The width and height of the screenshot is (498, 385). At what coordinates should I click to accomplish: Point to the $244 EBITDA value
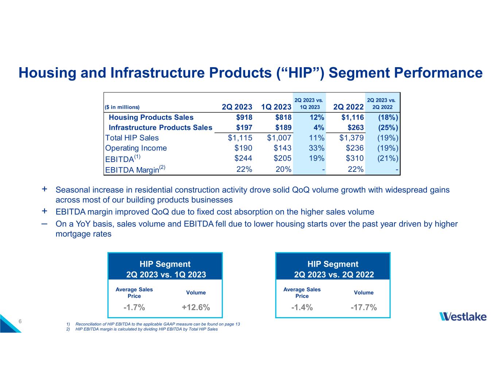pos(243,158)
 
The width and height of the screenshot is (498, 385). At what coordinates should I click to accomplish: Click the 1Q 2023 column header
pos(276,107)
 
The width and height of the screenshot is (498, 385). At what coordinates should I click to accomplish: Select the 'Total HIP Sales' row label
pos(132,138)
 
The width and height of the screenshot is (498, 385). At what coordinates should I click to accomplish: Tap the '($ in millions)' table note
pos(122,107)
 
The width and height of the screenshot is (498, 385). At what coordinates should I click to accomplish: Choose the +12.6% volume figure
pos(196,308)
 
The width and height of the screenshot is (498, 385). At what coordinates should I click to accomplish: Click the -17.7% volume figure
pos(364,308)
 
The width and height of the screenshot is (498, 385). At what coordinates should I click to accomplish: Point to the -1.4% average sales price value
pos(302,308)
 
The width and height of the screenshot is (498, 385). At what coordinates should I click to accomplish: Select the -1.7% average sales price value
pos(134,308)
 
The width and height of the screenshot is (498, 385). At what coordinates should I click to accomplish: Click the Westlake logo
pos(463,316)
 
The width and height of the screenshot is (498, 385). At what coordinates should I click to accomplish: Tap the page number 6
pos(20,322)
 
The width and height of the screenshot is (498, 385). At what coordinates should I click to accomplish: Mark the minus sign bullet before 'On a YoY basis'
pos(44,224)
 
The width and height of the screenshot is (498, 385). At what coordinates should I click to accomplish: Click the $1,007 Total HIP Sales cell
pos(279,138)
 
